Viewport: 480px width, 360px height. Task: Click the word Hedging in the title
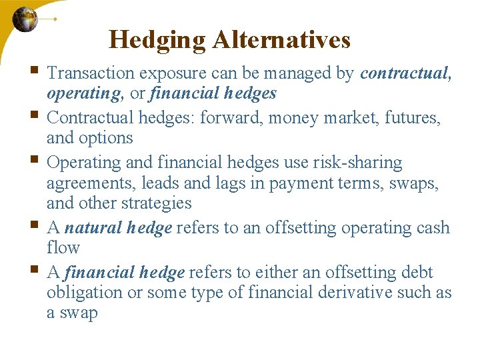[x=157, y=40]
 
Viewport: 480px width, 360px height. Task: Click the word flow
[x=63, y=247]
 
